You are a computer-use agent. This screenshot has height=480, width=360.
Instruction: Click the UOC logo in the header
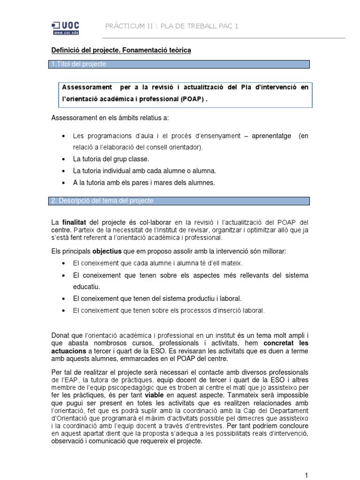pyautogui.click(x=66, y=28)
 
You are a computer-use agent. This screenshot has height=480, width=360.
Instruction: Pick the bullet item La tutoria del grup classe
pyautogui.click(x=111, y=159)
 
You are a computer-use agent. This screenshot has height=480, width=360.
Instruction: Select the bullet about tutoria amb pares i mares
pyautogui.click(x=143, y=183)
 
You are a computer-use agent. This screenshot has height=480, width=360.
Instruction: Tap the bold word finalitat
pyautogui.click(x=74, y=222)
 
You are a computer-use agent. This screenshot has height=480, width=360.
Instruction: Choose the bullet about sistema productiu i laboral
pyautogui.click(x=157, y=298)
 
